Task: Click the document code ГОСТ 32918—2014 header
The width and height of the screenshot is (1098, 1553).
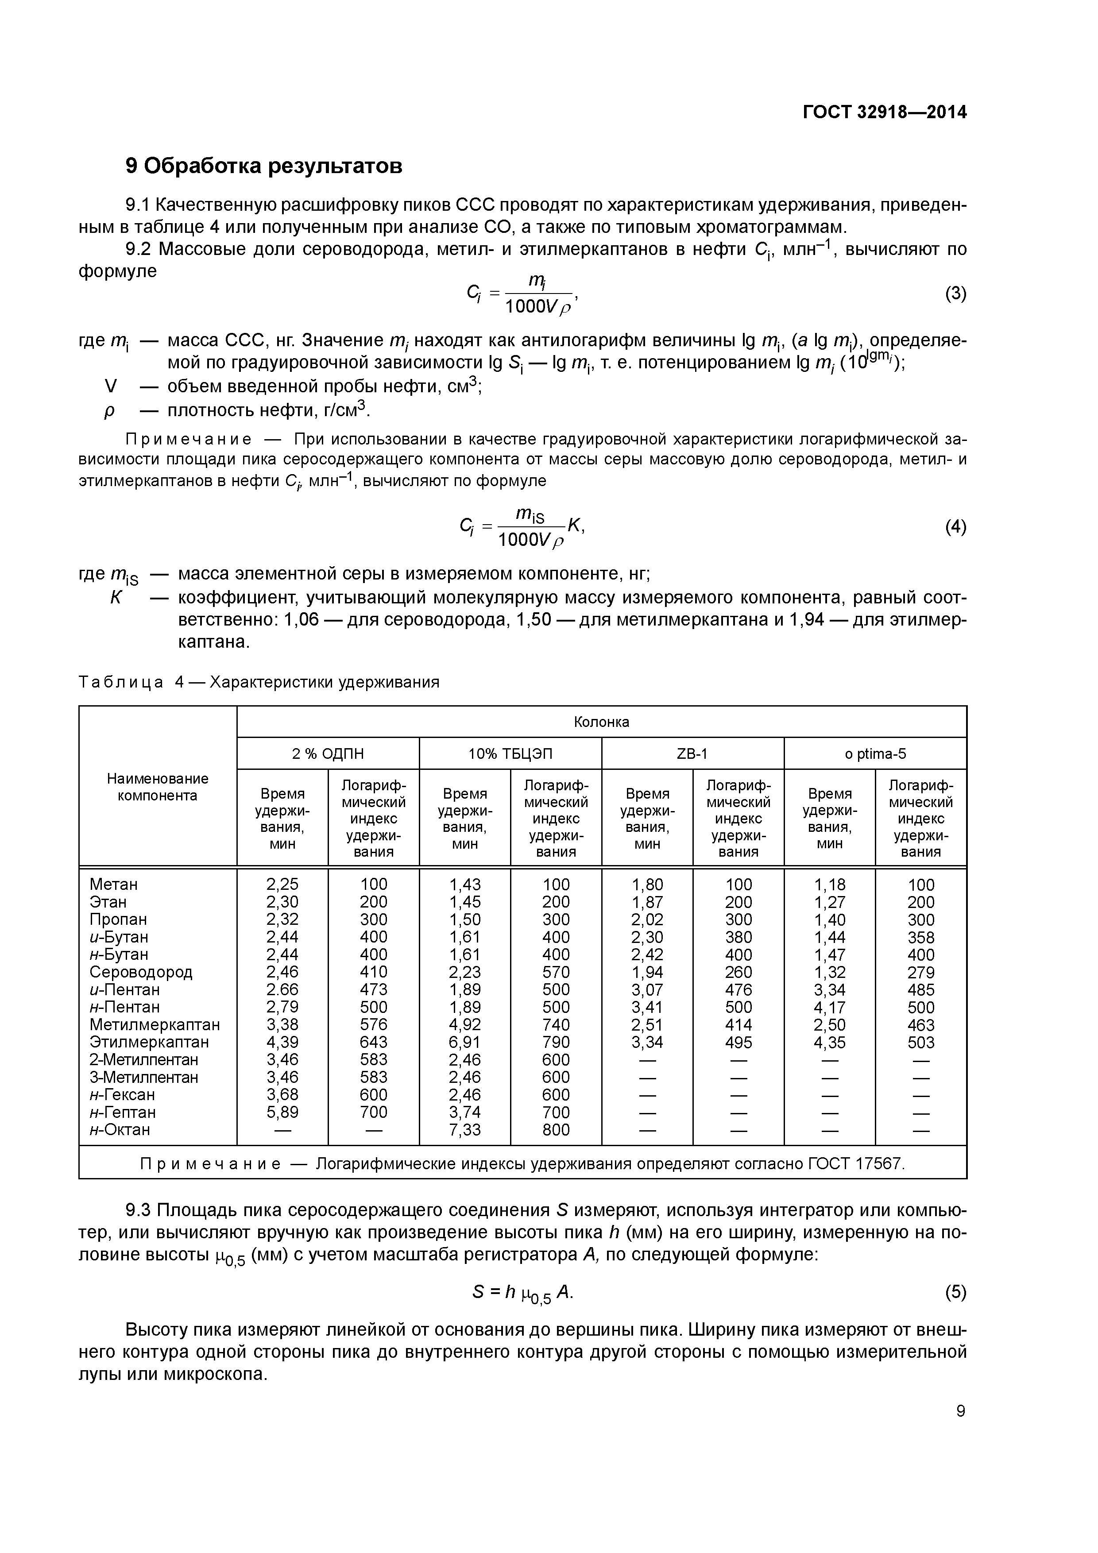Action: coord(884,112)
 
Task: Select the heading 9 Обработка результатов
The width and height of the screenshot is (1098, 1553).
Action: coord(264,166)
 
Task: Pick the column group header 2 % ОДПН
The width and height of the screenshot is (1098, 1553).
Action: coord(328,753)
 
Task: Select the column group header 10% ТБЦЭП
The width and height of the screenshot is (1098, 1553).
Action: coord(510,753)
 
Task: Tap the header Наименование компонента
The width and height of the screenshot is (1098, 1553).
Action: coord(158,787)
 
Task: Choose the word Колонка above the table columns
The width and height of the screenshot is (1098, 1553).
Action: coord(601,722)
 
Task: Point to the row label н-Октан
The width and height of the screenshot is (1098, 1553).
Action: coord(120,1130)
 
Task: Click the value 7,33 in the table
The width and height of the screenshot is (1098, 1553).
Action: coord(465,1130)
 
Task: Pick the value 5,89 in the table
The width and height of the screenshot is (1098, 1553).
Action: coord(282,1112)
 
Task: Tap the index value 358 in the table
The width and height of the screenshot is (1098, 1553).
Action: coord(921,938)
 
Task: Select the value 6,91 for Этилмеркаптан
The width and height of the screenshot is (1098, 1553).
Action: coord(465,1042)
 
